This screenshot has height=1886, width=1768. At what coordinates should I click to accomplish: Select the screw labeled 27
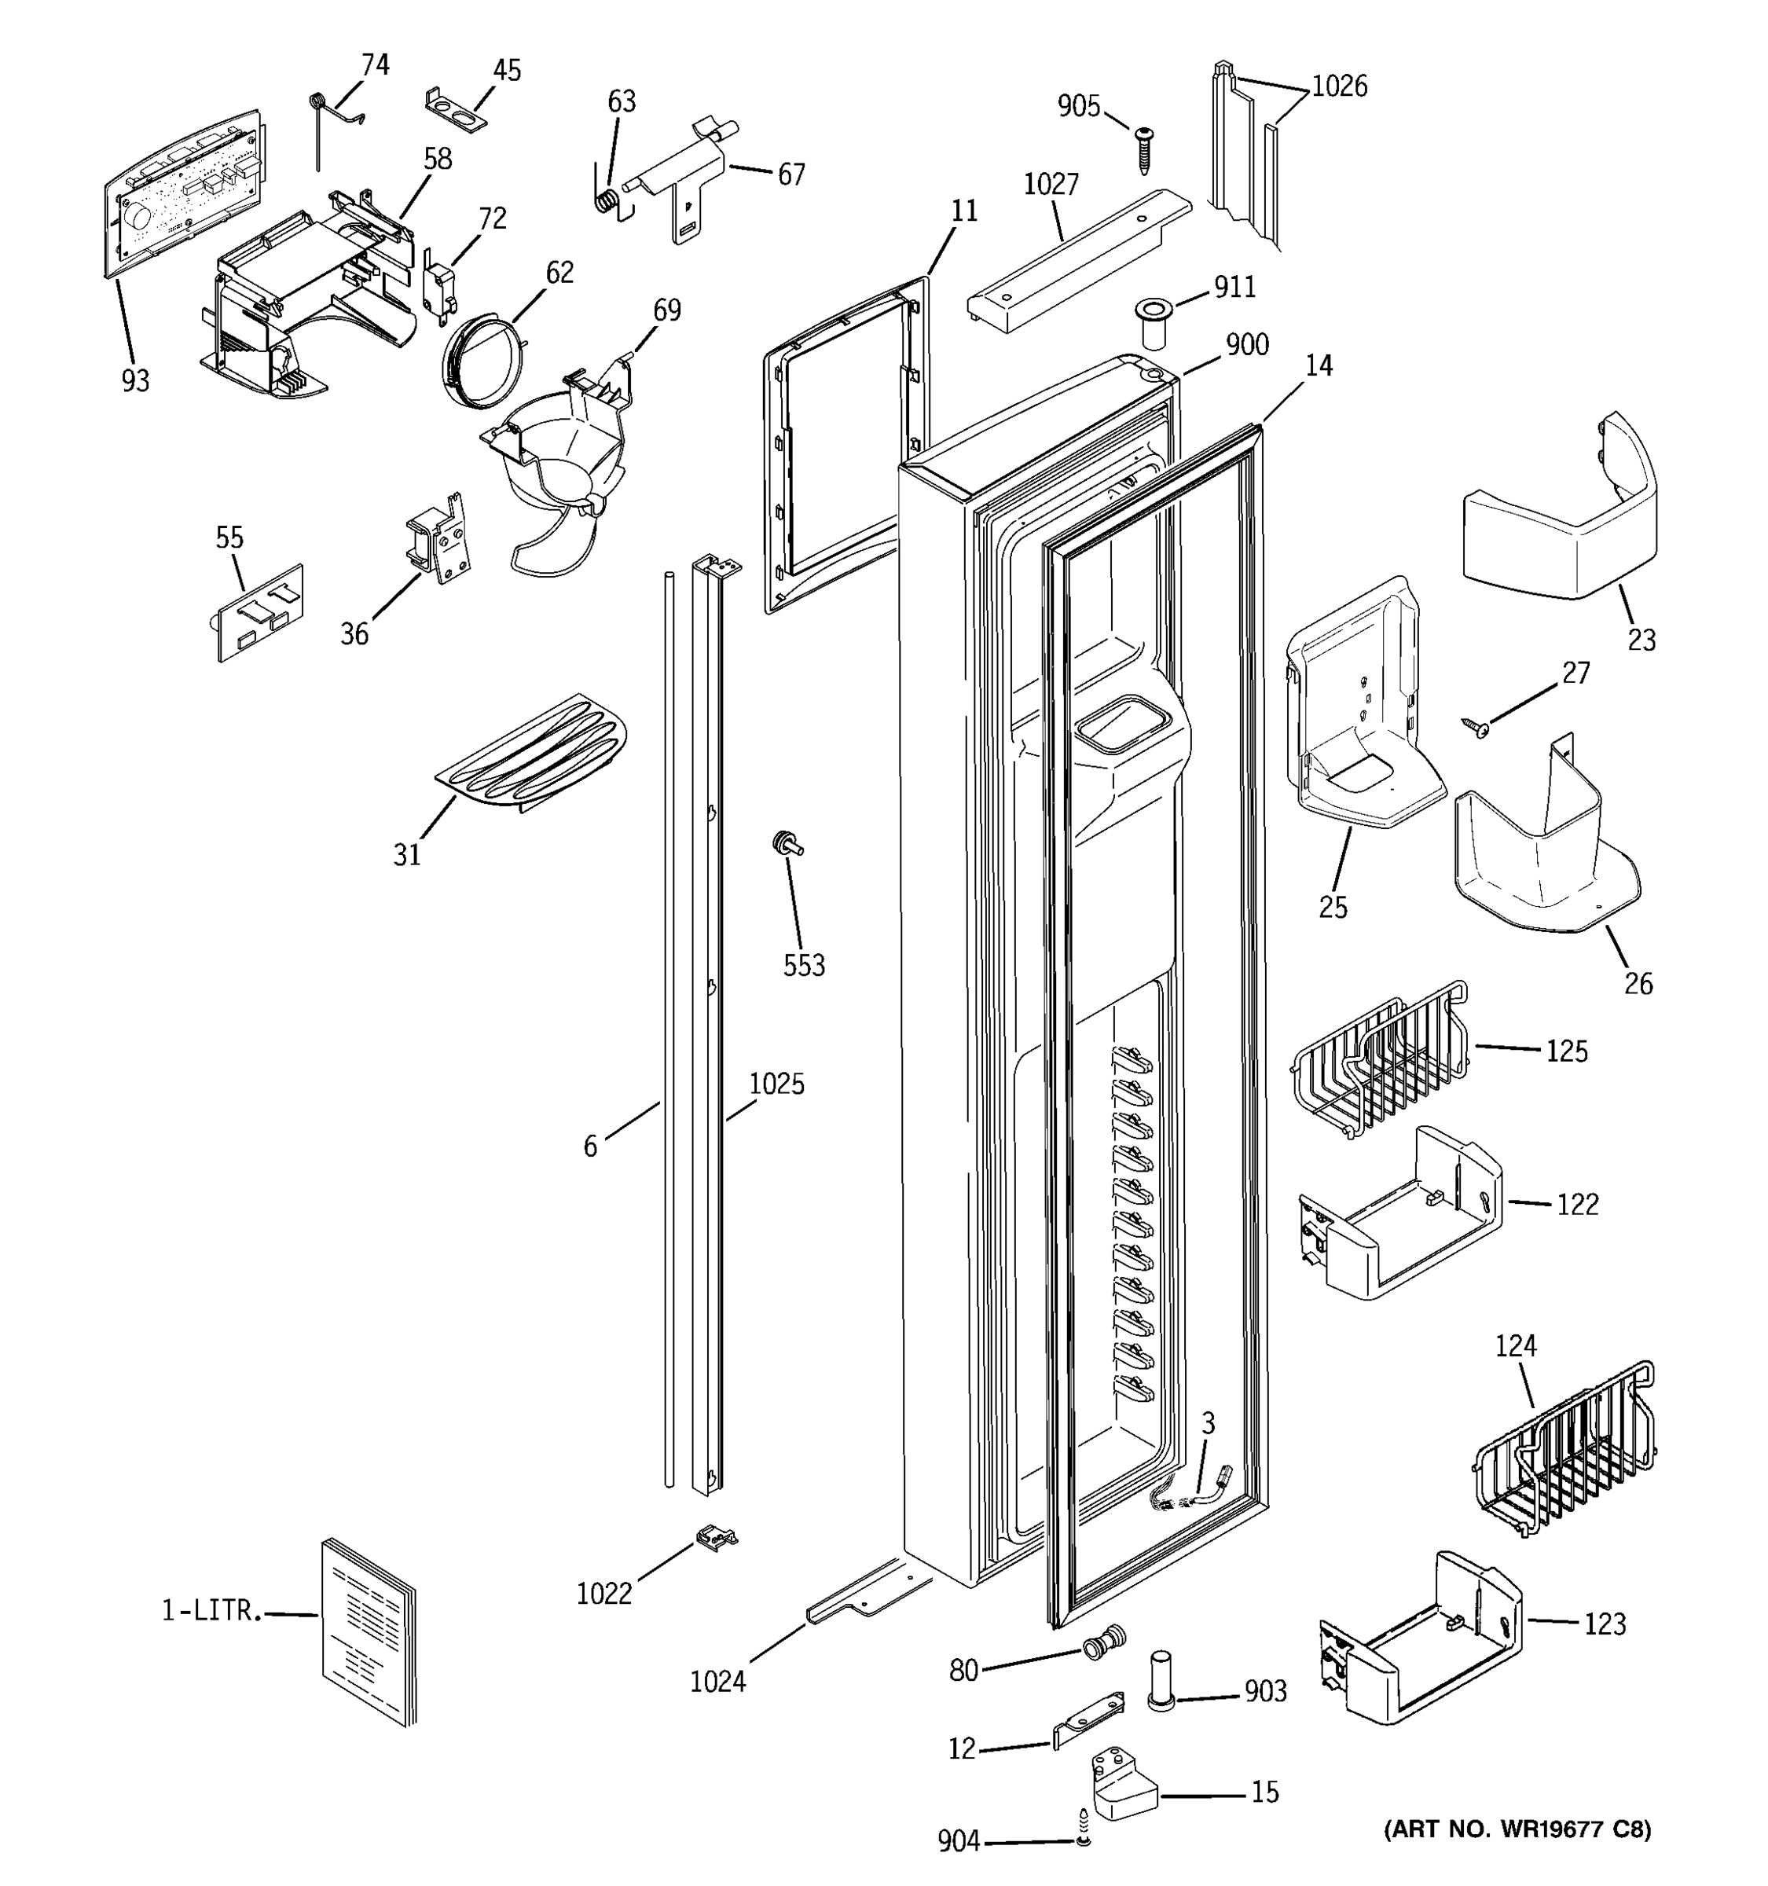[1475, 728]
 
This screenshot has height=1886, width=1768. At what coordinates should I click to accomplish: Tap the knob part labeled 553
[787, 842]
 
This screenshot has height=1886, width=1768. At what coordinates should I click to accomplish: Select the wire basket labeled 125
[1380, 1059]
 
